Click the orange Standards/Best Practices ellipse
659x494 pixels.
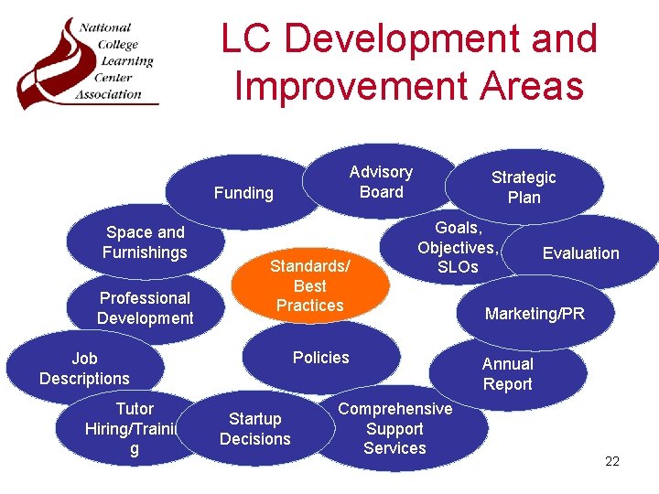point(309,285)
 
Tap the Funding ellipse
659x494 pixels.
point(243,193)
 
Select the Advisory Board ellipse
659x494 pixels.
point(381,182)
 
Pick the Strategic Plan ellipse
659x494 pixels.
point(524,188)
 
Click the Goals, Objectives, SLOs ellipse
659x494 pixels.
point(458,247)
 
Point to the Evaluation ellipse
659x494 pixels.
point(581,253)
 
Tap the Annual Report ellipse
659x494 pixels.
point(508,373)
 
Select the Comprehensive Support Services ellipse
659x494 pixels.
point(395,428)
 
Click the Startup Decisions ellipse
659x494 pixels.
point(254,429)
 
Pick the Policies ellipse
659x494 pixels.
point(321,358)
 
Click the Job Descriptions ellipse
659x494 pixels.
point(84,369)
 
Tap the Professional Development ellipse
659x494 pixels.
point(145,307)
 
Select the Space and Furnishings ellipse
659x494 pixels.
point(145,242)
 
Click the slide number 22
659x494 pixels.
point(612,461)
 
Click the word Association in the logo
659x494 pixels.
point(109,93)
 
